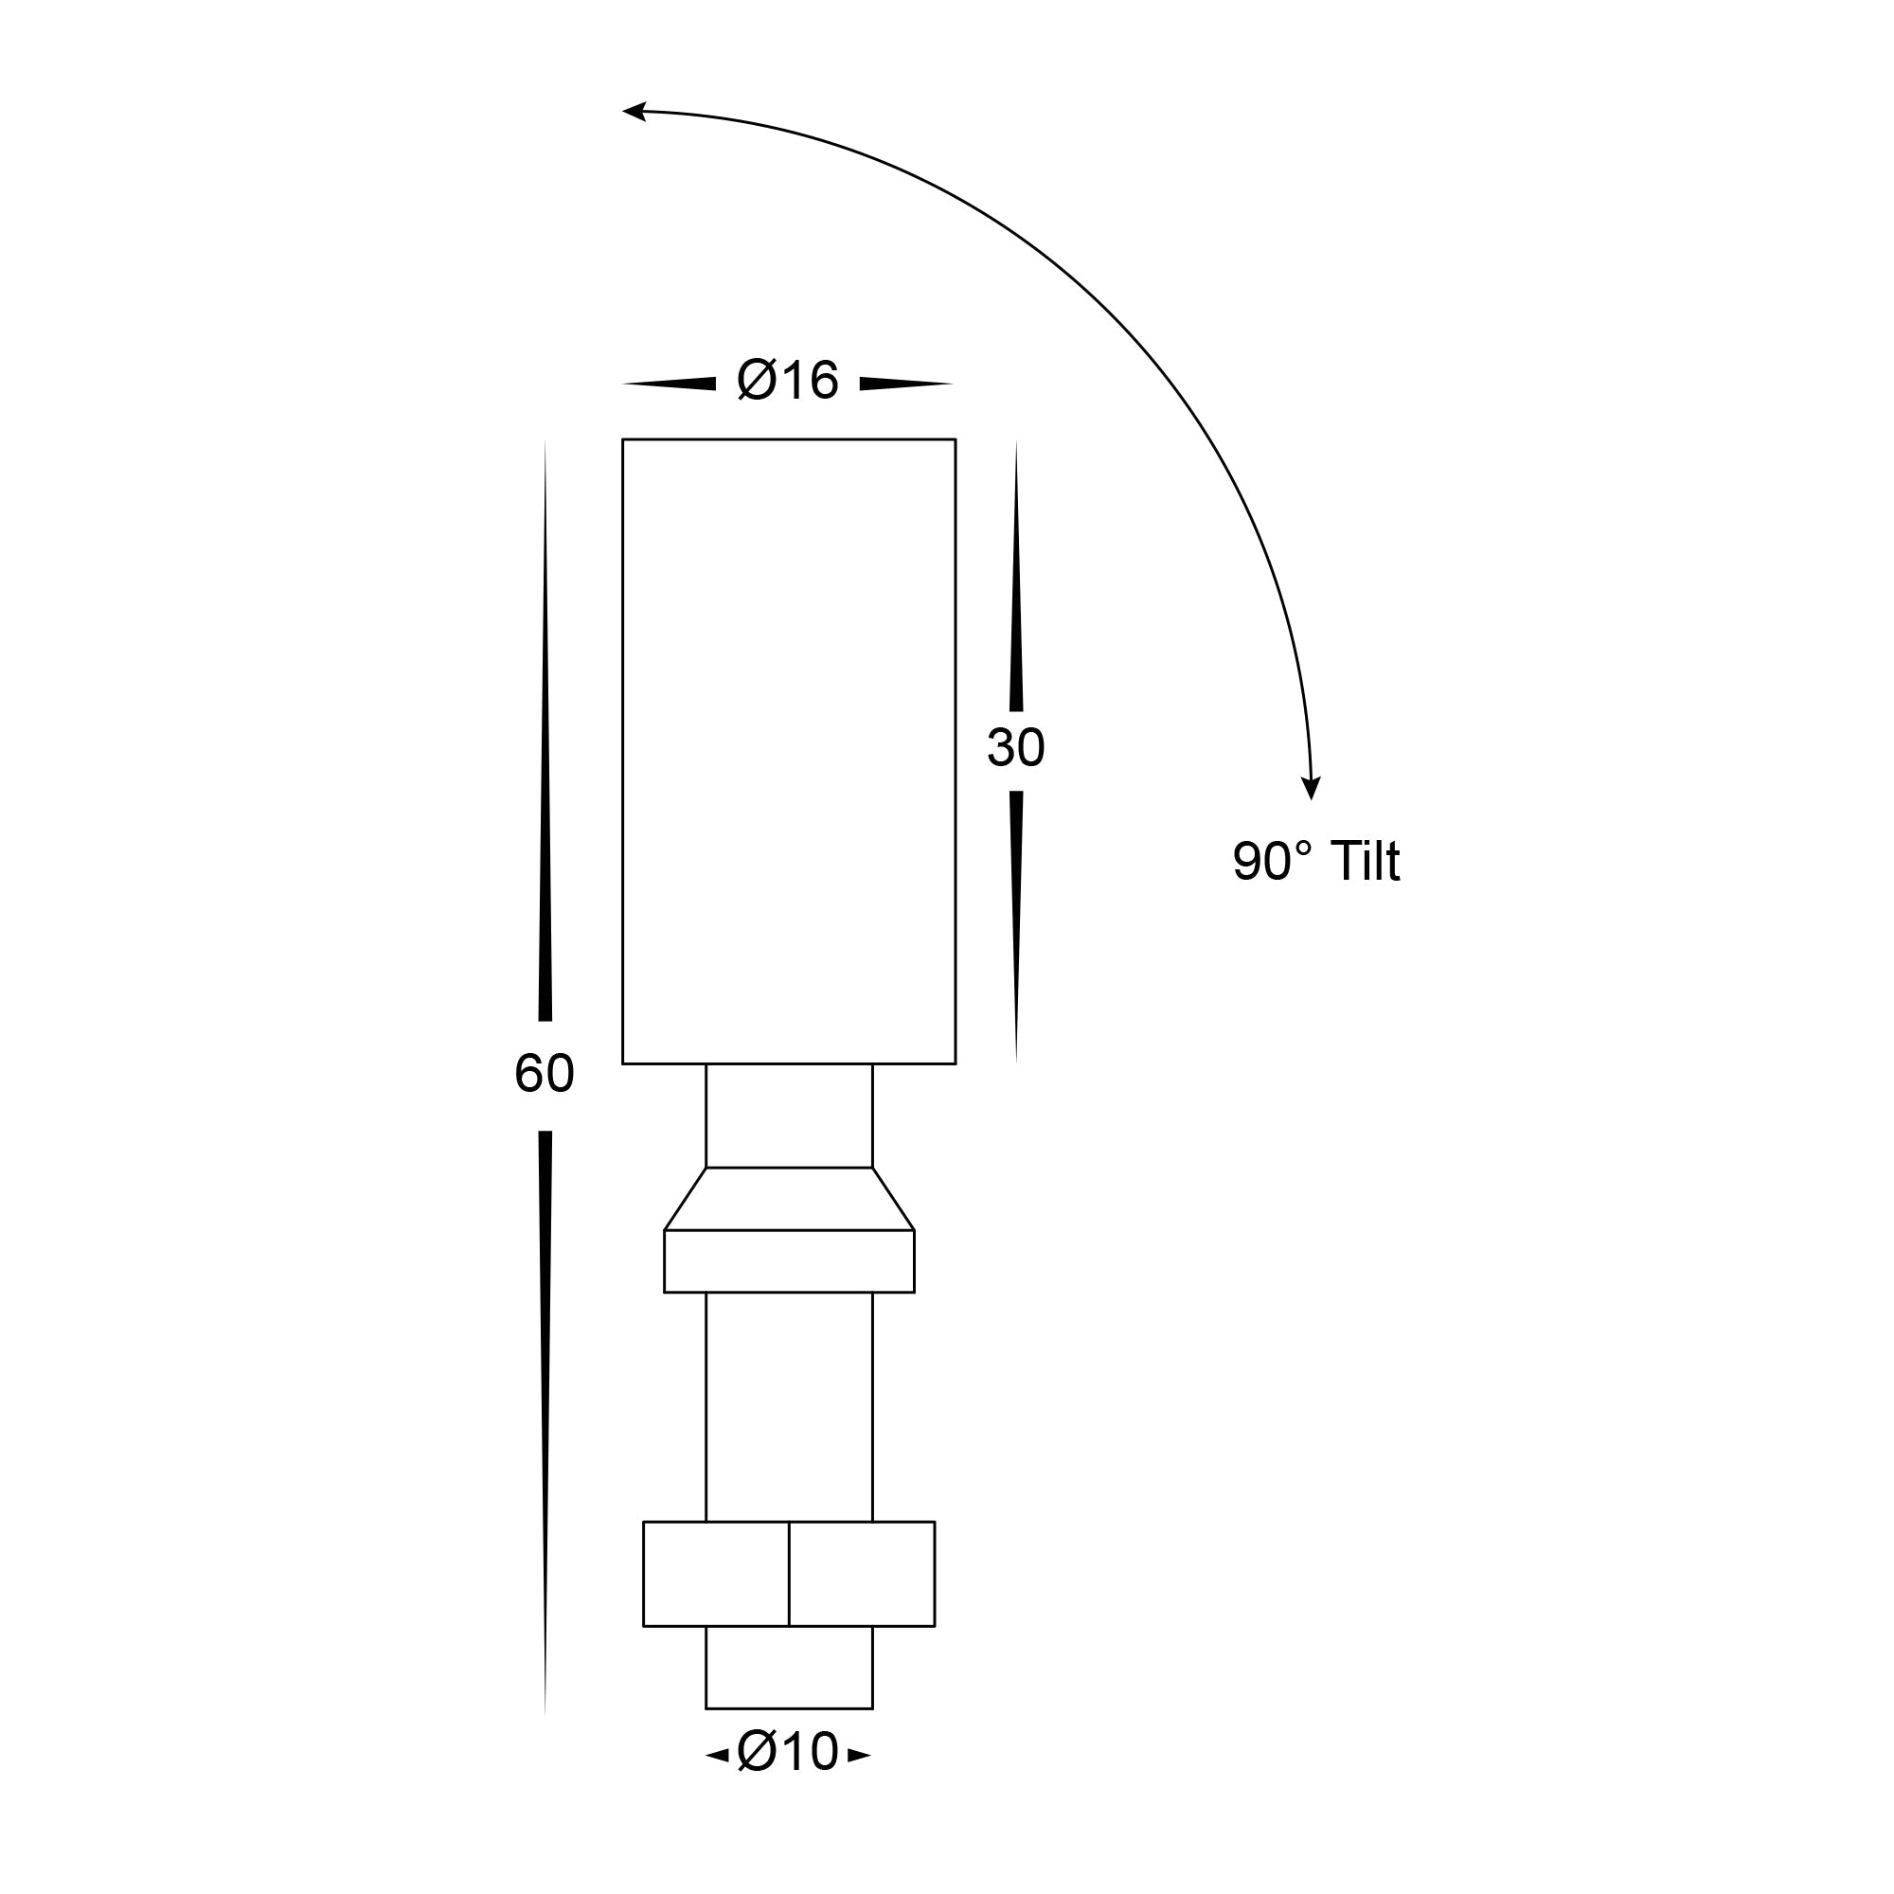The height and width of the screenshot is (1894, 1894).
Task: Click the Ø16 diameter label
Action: [x=788, y=381]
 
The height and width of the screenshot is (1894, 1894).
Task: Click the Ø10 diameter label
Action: [x=788, y=1752]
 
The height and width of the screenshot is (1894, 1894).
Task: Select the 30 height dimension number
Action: [x=1015, y=748]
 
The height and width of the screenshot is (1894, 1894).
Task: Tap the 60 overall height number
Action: [x=545, y=1074]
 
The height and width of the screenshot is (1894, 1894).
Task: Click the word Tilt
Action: [x=1365, y=862]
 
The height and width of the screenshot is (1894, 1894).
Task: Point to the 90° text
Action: [x=1272, y=862]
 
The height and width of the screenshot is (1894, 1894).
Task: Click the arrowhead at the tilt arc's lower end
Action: [x=1311, y=788]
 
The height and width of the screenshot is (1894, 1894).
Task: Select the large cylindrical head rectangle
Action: [x=788, y=751]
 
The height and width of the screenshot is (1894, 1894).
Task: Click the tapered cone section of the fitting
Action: [x=788, y=1199]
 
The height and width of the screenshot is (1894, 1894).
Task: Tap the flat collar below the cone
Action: [x=788, y=1260]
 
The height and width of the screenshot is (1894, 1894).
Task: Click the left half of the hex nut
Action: [x=716, y=1573]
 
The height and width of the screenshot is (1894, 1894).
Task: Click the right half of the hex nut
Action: [x=862, y=1573]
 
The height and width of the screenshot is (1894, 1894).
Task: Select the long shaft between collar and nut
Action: [x=788, y=1407]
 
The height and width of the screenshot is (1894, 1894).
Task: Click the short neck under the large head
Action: [x=788, y=1115]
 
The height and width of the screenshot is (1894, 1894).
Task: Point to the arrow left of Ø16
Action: [x=676, y=384]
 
